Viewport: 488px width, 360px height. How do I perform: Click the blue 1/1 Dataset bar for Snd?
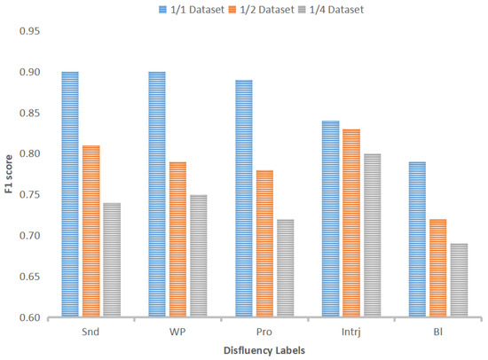[70, 194]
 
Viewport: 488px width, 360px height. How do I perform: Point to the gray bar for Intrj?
[370, 235]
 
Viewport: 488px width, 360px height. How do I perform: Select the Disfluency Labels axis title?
[263, 351]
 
